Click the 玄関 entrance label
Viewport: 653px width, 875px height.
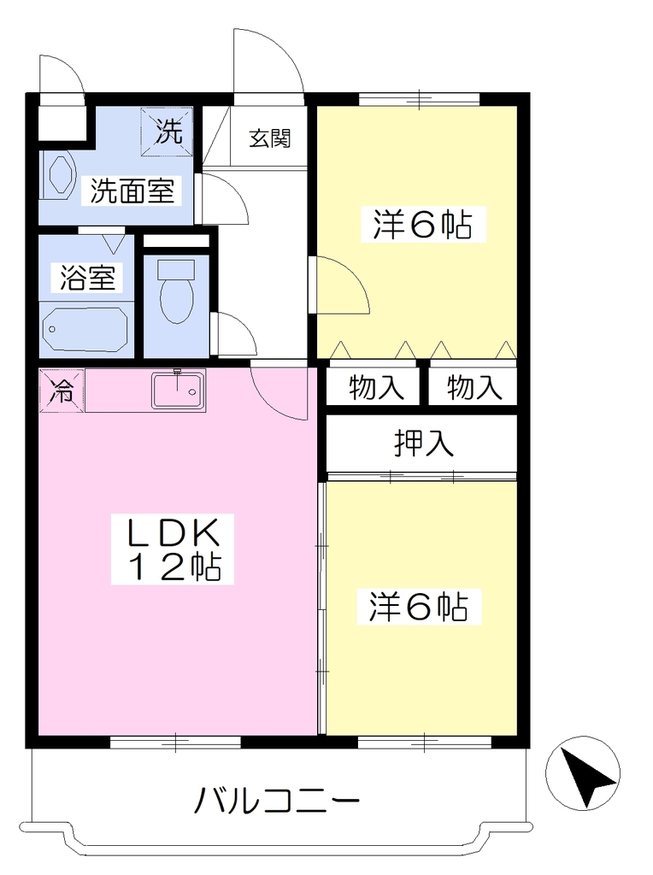tap(269, 138)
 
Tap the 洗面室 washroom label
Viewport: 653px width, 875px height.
tap(132, 191)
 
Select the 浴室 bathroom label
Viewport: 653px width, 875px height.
tap(87, 278)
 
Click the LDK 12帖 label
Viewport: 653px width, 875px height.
tap(173, 549)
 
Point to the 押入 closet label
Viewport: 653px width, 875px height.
tap(424, 444)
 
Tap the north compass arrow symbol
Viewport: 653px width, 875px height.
tap(583, 772)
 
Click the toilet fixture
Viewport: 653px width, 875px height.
tap(177, 291)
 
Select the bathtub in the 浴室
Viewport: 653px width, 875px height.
tap(85, 329)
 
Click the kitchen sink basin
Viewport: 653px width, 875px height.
tap(178, 391)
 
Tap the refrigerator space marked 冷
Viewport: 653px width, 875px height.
tap(62, 391)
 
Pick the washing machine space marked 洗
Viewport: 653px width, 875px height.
tap(168, 132)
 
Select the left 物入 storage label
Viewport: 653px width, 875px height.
tap(376, 387)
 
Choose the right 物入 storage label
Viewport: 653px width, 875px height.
tap(474, 387)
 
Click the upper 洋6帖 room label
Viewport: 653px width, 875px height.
tap(422, 224)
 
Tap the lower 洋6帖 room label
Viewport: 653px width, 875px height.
tap(418, 607)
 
